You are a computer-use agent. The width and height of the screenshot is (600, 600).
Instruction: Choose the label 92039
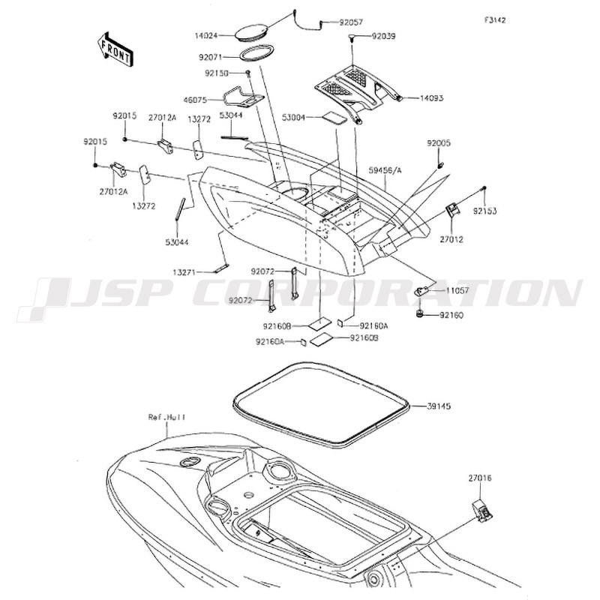coord(387,36)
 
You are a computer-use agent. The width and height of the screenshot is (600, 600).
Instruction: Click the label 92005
coord(460,142)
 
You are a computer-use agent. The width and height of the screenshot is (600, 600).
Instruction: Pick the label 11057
coord(457,289)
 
